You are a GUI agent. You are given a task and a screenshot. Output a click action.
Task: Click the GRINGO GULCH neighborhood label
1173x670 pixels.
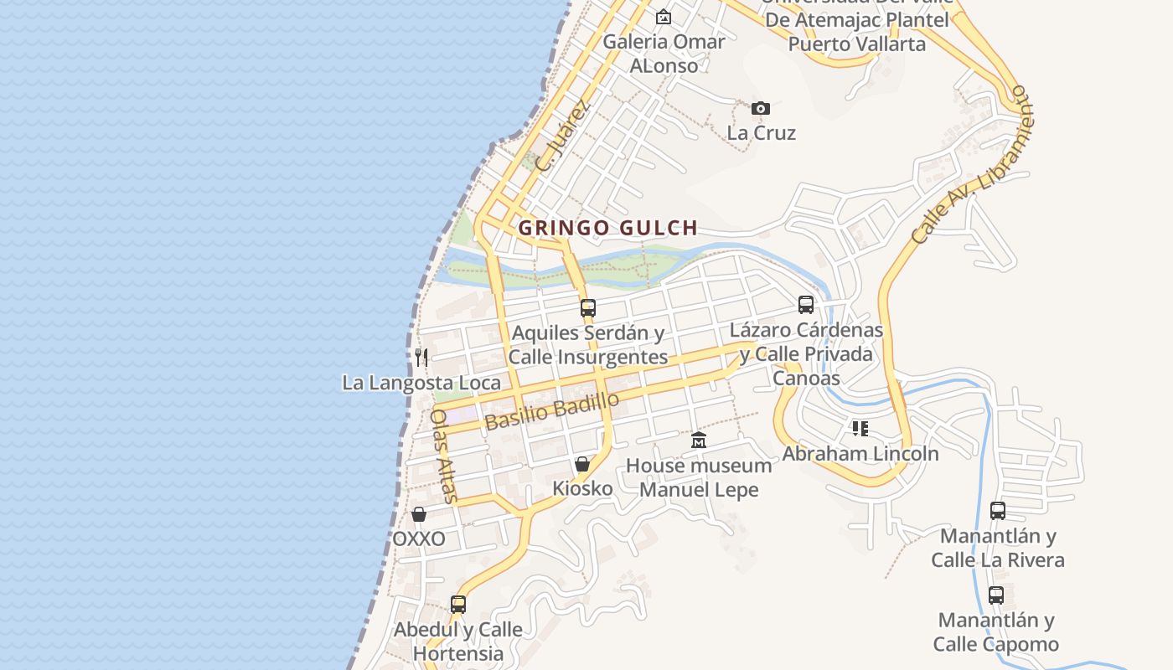607,228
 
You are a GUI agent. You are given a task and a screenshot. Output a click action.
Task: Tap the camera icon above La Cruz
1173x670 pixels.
761,108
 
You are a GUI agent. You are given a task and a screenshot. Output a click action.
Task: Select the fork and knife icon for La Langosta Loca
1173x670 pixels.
421,358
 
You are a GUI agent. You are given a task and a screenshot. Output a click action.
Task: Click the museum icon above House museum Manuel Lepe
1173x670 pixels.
699,440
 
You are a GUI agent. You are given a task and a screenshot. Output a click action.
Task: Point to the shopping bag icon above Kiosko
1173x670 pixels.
582,464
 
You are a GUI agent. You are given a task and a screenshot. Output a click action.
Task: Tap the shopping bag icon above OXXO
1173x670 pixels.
419,514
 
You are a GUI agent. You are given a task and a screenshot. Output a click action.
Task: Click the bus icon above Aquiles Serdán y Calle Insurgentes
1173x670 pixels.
588,307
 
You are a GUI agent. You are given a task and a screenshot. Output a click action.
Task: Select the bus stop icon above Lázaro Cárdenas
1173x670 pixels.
806,305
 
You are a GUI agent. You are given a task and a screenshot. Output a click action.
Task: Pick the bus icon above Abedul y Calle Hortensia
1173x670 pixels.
458,604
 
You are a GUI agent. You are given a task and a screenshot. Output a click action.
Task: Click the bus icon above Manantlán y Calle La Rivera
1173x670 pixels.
998,510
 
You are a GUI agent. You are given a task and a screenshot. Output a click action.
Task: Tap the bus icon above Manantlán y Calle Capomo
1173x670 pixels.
996,595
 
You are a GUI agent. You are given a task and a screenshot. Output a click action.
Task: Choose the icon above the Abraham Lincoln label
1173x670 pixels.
860,429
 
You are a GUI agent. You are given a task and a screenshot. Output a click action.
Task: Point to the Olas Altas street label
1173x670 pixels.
445,456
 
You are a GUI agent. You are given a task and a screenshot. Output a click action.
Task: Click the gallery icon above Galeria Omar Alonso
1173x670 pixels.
664,17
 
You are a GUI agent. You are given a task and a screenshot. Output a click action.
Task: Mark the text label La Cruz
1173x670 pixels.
761,133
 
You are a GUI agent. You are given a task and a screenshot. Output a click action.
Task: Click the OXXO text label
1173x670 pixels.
419,539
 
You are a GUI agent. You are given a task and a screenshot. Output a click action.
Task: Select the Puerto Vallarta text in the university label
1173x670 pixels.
857,44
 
